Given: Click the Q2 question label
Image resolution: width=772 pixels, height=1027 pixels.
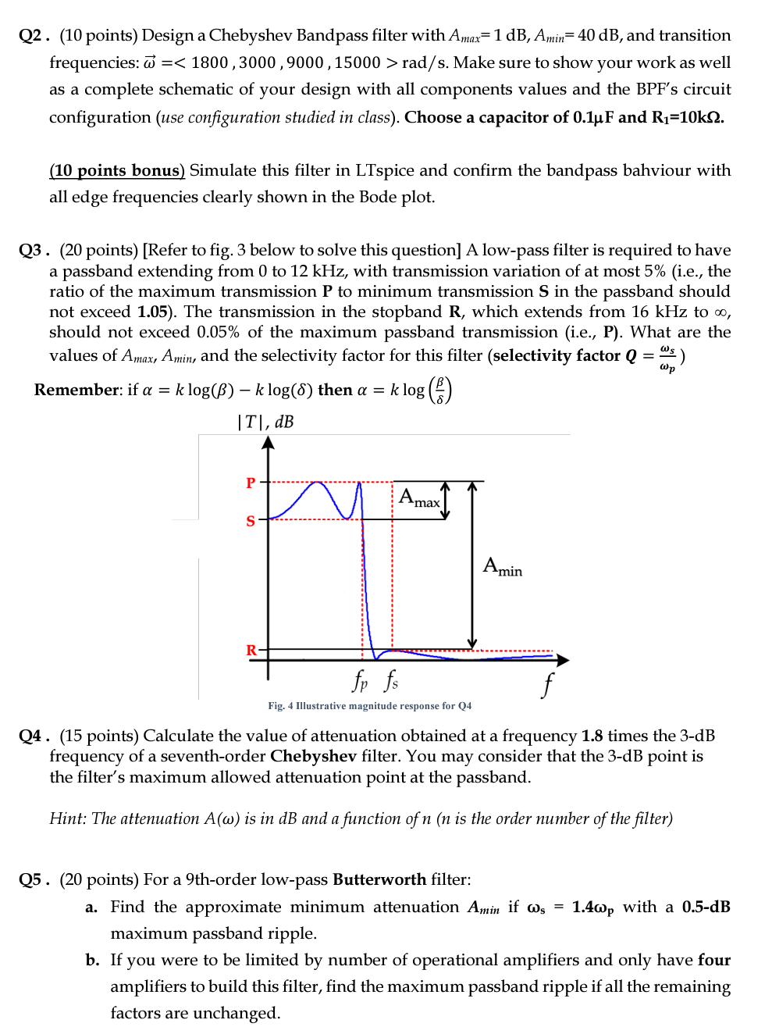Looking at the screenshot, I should click(34, 36).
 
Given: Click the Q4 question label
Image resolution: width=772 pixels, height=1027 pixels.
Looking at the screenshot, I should click(34, 736).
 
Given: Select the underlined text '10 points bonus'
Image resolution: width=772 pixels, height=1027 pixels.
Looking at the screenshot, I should click(117, 170).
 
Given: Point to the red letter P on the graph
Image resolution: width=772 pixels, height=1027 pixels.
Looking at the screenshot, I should click(251, 483).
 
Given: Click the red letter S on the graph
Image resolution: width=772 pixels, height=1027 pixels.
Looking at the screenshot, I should click(251, 521).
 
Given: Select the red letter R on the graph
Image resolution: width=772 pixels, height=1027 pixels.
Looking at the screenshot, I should click(251, 651).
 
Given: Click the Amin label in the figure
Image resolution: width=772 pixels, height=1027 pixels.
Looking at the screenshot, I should click(503, 567).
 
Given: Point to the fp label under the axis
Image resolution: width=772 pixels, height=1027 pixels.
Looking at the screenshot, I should click(360, 680).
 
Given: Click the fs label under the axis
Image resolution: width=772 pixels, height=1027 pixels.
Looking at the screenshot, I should click(391, 680).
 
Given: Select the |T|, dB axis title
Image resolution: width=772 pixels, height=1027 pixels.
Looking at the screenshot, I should click(265, 422).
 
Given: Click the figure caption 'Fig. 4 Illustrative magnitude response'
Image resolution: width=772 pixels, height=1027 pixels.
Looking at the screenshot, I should click(369, 706).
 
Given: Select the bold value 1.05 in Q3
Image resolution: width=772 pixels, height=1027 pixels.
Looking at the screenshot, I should click(152, 312).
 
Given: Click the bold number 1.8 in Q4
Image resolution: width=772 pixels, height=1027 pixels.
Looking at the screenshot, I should click(592, 736).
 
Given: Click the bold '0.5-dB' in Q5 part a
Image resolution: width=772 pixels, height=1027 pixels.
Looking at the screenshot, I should click(706, 907).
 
